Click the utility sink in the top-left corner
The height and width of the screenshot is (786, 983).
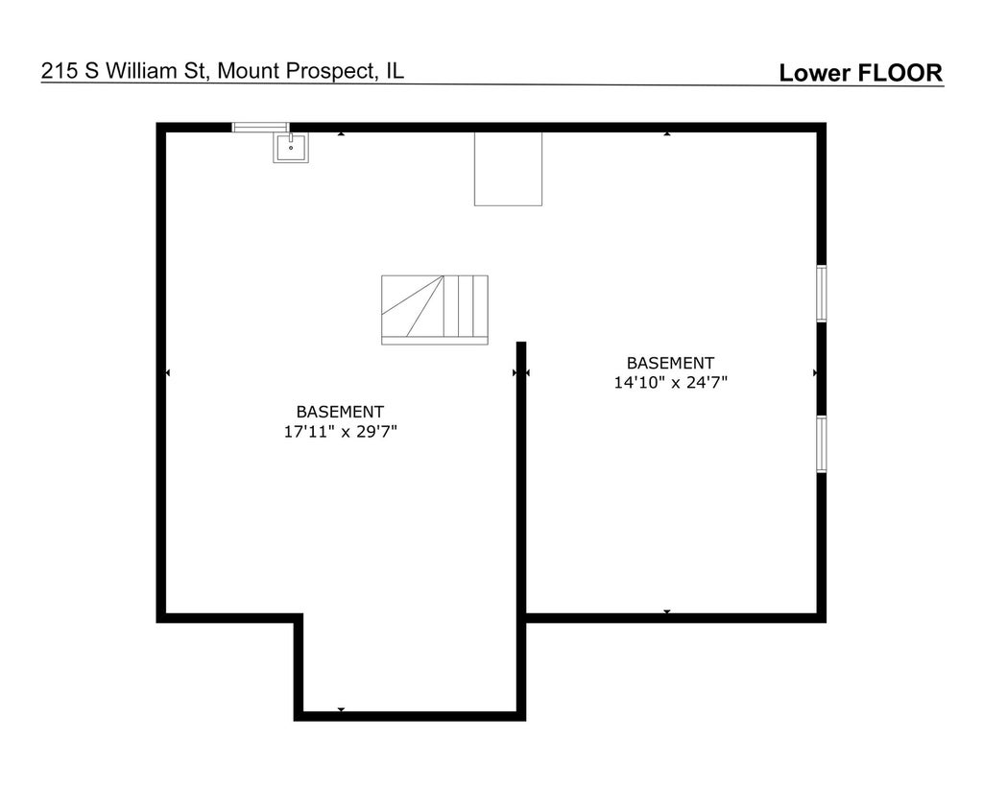coord(291,148)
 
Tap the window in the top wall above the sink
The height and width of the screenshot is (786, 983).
coord(260,127)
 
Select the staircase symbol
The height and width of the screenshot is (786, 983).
coord(435,309)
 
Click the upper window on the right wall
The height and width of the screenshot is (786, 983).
coord(822,293)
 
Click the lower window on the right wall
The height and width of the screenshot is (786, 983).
coord(822,443)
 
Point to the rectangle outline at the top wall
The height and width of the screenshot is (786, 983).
coord(508,168)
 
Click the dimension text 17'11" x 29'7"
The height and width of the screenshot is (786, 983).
coord(341,432)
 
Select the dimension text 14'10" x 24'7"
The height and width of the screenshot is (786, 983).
coord(671,382)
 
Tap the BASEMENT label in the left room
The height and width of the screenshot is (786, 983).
coord(340,411)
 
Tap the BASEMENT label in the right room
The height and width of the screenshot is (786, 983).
coord(670,363)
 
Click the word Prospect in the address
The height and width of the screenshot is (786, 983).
coord(329,71)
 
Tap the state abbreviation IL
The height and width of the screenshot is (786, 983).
coord(396,71)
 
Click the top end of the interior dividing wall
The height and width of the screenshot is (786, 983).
coord(521,346)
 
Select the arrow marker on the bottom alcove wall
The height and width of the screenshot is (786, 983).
coord(341,710)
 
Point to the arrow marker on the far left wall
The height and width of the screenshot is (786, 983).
coord(168,372)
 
